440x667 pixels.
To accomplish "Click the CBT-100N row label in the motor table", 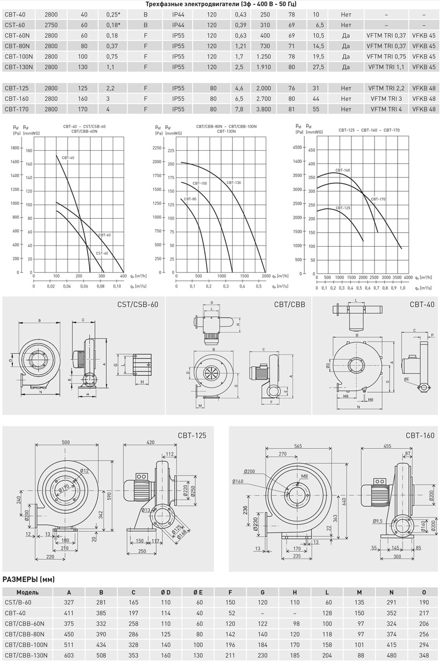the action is (x=19, y=57).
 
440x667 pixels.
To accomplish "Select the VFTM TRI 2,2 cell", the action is (x=386, y=88).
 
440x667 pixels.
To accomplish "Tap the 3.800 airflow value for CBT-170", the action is (x=263, y=109).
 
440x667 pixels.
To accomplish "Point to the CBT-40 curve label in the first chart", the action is (x=68, y=158).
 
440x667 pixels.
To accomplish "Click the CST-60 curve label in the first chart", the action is (x=102, y=254).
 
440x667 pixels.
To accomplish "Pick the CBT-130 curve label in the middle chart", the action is (x=233, y=182).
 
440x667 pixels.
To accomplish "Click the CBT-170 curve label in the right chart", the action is (x=378, y=199).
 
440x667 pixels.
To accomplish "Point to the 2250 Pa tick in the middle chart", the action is (x=157, y=148).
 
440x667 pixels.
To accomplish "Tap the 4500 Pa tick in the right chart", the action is (x=297, y=147).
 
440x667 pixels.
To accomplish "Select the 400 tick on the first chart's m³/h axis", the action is (x=123, y=276).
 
